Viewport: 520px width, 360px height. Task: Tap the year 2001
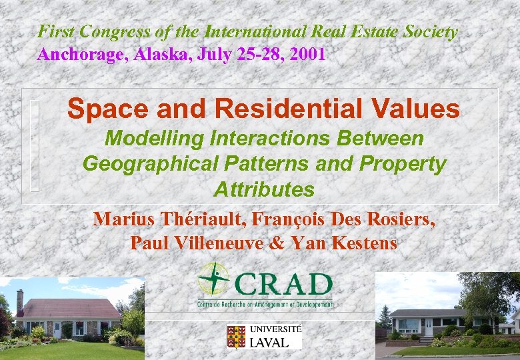click(305, 55)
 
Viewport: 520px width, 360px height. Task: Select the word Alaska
click(159, 55)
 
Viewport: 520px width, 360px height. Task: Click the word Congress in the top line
click(107, 31)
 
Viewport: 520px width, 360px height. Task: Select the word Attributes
click(264, 189)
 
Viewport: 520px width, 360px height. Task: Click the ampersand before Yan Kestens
click(277, 243)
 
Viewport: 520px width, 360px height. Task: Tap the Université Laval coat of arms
click(236, 337)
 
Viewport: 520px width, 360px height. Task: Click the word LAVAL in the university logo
click(269, 343)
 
